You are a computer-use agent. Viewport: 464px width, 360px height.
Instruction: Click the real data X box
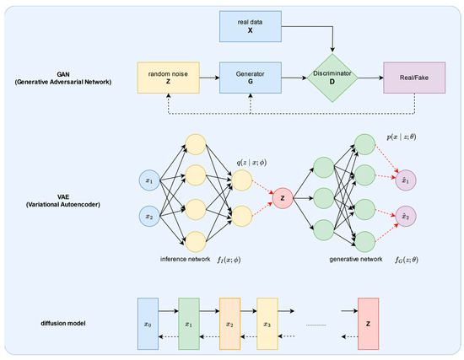click(x=251, y=27)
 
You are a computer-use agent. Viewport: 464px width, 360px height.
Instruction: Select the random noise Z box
click(x=169, y=78)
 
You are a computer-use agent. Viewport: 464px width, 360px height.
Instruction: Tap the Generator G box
click(x=251, y=78)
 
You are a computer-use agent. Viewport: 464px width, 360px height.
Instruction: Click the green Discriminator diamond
click(x=332, y=78)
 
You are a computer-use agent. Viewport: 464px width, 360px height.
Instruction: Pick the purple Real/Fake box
click(x=414, y=78)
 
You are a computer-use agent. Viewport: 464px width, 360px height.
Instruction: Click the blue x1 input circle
click(x=149, y=180)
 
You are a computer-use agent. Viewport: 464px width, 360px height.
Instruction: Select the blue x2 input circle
click(x=149, y=216)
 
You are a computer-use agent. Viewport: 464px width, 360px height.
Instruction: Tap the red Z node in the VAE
click(x=283, y=198)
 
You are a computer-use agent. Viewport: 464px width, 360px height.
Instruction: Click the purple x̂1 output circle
click(x=406, y=180)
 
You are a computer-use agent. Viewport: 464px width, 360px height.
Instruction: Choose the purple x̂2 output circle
click(x=406, y=216)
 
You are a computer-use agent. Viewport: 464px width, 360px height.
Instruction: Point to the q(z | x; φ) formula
click(x=251, y=163)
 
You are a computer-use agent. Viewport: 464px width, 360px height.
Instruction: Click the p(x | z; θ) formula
click(x=402, y=137)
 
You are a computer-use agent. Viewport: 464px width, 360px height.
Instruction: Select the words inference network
click(x=186, y=259)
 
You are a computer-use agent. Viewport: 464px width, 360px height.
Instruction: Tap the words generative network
click(x=356, y=259)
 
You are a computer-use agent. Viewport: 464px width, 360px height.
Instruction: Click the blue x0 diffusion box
click(x=148, y=324)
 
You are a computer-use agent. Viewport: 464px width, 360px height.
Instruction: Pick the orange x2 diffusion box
click(x=230, y=324)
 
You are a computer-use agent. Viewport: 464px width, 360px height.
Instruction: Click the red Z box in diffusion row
click(x=368, y=324)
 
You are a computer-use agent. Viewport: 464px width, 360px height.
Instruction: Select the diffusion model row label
click(x=63, y=323)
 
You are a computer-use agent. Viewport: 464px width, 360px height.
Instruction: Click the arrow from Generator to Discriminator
click(x=294, y=78)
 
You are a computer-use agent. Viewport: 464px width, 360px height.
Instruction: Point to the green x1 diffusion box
click(x=189, y=324)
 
